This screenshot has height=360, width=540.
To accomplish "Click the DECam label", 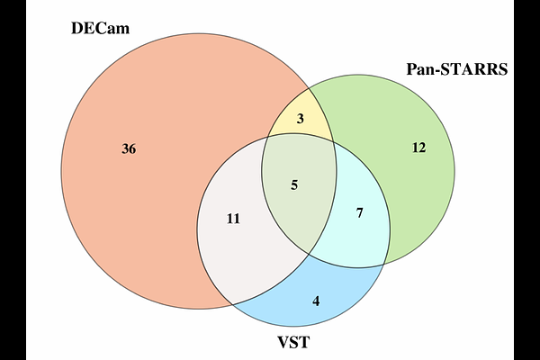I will [101, 28].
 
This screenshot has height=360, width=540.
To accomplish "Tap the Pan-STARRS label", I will [456, 69].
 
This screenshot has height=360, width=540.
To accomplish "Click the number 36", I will [129, 148].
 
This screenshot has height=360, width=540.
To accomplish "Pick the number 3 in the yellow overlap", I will [301, 118].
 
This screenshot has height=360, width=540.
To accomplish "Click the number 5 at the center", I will [293, 184].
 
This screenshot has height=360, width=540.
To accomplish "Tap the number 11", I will [233, 219].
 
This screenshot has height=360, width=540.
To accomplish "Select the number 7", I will [359, 213].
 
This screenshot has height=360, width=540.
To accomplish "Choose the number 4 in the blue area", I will [316, 300].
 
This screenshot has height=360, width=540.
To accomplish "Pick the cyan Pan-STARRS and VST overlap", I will [360, 234].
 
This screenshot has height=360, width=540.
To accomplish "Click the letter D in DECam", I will [77, 28].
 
